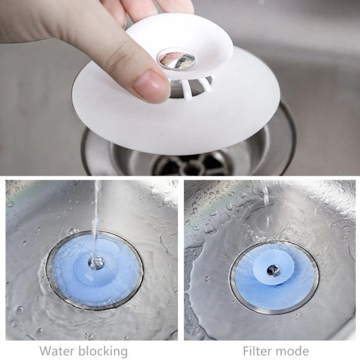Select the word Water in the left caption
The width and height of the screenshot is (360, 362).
59,351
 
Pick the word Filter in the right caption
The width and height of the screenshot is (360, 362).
260,351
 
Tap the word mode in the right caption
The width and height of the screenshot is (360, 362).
295,351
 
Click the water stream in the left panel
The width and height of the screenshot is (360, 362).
96,215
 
